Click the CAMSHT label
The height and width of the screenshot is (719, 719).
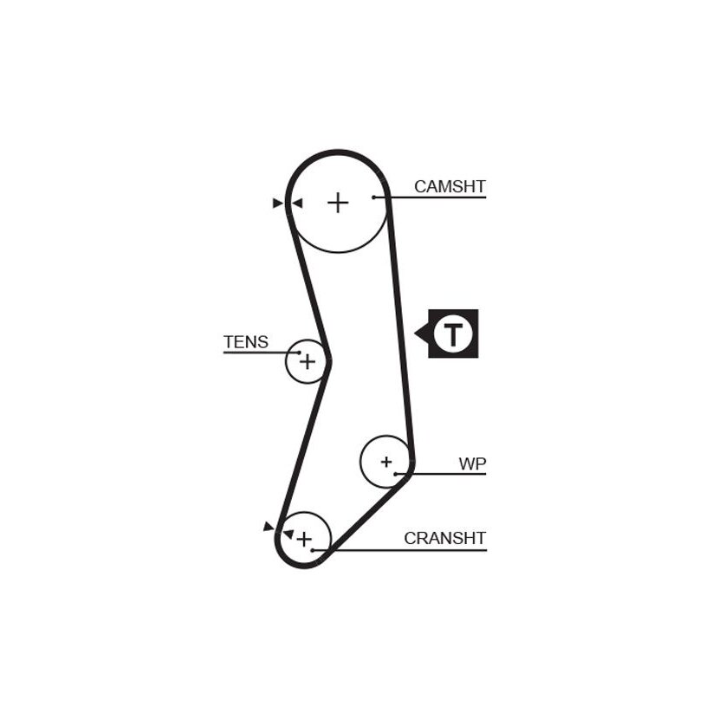pos(450,186)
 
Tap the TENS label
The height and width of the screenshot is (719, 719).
pos(246,342)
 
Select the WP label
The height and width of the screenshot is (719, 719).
pos(472,463)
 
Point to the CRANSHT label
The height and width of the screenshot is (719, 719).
pos(444,538)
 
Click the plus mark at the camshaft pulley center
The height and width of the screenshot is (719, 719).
pos(338,202)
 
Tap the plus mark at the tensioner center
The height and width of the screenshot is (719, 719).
pos(308,362)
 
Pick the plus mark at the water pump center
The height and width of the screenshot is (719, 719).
pos(386,462)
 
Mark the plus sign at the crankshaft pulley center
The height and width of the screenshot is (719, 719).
pos(304,539)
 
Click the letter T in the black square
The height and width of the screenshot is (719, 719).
pos(453,334)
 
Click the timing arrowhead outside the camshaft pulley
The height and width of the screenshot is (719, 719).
pos(278,203)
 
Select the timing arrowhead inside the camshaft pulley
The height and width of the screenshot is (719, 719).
pos(297,203)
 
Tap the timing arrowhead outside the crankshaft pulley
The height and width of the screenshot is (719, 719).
pos(269,527)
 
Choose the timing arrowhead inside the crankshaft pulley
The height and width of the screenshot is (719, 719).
pos(288,534)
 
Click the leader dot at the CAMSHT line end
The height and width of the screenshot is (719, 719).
pos(374,198)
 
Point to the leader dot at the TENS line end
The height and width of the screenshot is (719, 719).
pos(299,353)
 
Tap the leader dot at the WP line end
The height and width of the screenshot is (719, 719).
pos(395,474)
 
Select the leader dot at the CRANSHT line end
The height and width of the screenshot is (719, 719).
pos(312,550)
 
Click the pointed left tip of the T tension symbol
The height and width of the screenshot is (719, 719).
pos(415,334)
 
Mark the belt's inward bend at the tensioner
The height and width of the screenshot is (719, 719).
pos(328,362)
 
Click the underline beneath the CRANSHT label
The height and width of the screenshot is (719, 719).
pos(399,550)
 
